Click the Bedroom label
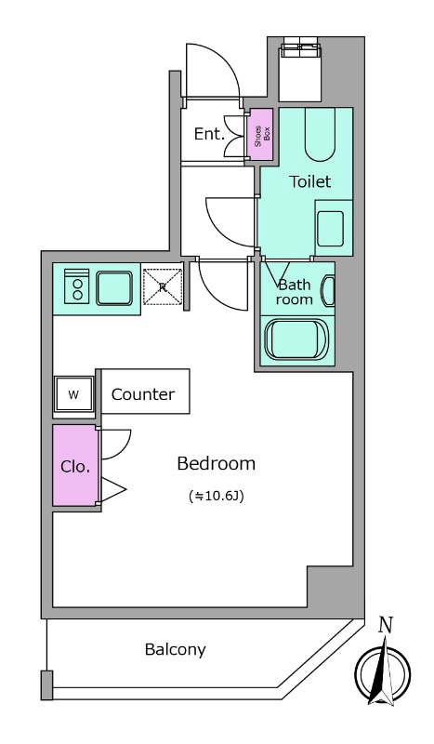(x=216, y=463)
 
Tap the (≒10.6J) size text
(x=217, y=497)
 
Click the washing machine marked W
(x=73, y=394)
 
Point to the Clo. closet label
(x=75, y=467)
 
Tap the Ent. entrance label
(x=209, y=134)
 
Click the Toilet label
(x=310, y=181)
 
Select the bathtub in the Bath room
(x=296, y=339)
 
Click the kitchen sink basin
(x=113, y=288)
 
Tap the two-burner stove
(x=77, y=286)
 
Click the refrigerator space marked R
(x=163, y=286)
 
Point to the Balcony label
(x=175, y=649)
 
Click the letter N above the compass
(x=386, y=626)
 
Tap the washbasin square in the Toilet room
(x=330, y=229)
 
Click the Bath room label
(x=294, y=292)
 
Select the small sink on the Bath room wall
(x=328, y=292)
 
